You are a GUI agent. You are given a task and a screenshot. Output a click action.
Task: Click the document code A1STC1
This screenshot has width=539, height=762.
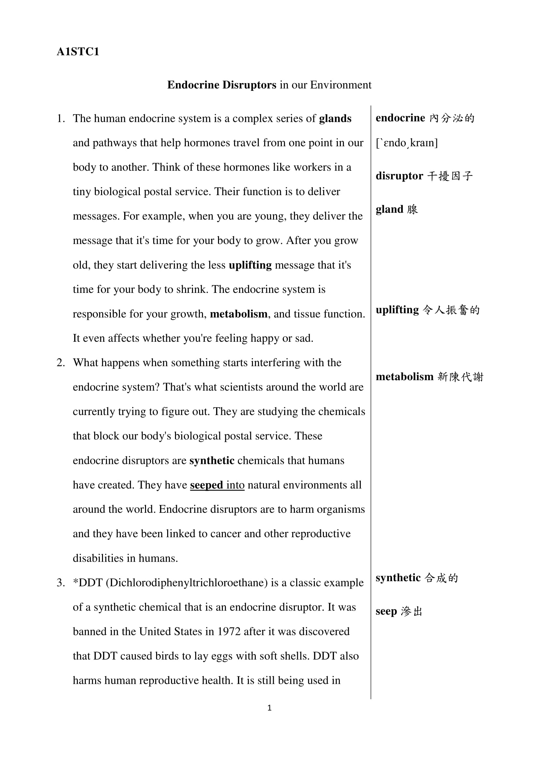(78, 52)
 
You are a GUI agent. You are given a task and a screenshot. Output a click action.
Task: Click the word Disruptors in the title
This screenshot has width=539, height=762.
(249, 85)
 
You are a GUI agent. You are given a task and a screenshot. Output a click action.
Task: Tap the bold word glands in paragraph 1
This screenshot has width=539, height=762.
(335, 119)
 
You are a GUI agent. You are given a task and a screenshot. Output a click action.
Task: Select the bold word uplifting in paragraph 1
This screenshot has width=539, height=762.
(250, 265)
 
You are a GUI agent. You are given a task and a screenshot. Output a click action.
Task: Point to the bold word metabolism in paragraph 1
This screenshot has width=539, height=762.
(239, 314)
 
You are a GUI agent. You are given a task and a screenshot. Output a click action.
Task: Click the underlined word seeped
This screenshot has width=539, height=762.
(206, 485)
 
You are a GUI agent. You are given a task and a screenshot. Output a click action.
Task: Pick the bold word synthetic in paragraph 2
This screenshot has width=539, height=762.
(212, 461)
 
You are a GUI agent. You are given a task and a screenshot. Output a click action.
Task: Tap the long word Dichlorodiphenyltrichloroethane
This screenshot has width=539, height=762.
(187, 583)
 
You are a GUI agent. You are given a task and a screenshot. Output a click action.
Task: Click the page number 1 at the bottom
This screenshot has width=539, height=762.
(269, 708)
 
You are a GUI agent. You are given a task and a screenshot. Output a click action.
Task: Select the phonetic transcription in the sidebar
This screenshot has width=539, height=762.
(407, 143)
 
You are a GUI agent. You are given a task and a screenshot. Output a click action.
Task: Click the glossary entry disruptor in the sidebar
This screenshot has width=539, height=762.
(399, 176)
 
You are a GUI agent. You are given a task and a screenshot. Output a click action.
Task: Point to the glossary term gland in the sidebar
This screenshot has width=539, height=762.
(389, 209)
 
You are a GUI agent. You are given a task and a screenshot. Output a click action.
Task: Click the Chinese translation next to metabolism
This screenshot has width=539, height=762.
(460, 377)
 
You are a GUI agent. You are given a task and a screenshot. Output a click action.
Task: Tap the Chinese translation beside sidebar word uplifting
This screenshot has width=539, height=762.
(451, 310)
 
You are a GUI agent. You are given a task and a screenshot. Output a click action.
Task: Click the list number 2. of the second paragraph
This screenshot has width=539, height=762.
(61, 363)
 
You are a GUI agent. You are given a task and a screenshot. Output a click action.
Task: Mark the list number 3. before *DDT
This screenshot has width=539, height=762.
(61, 583)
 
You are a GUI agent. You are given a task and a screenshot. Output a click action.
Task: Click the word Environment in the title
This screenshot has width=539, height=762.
(341, 85)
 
